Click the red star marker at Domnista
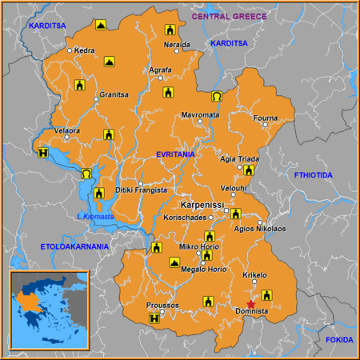click(x=251, y=304)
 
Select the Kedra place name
click(x=85, y=50)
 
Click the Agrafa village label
click(x=160, y=70)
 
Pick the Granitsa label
click(x=114, y=94)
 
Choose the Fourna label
click(x=265, y=118)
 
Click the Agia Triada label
click(x=239, y=158)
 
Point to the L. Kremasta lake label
click(x=95, y=217)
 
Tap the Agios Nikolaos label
click(x=259, y=229)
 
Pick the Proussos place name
click(x=162, y=306)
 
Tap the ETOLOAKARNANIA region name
click(x=74, y=246)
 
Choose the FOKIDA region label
click(x=338, y=340)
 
